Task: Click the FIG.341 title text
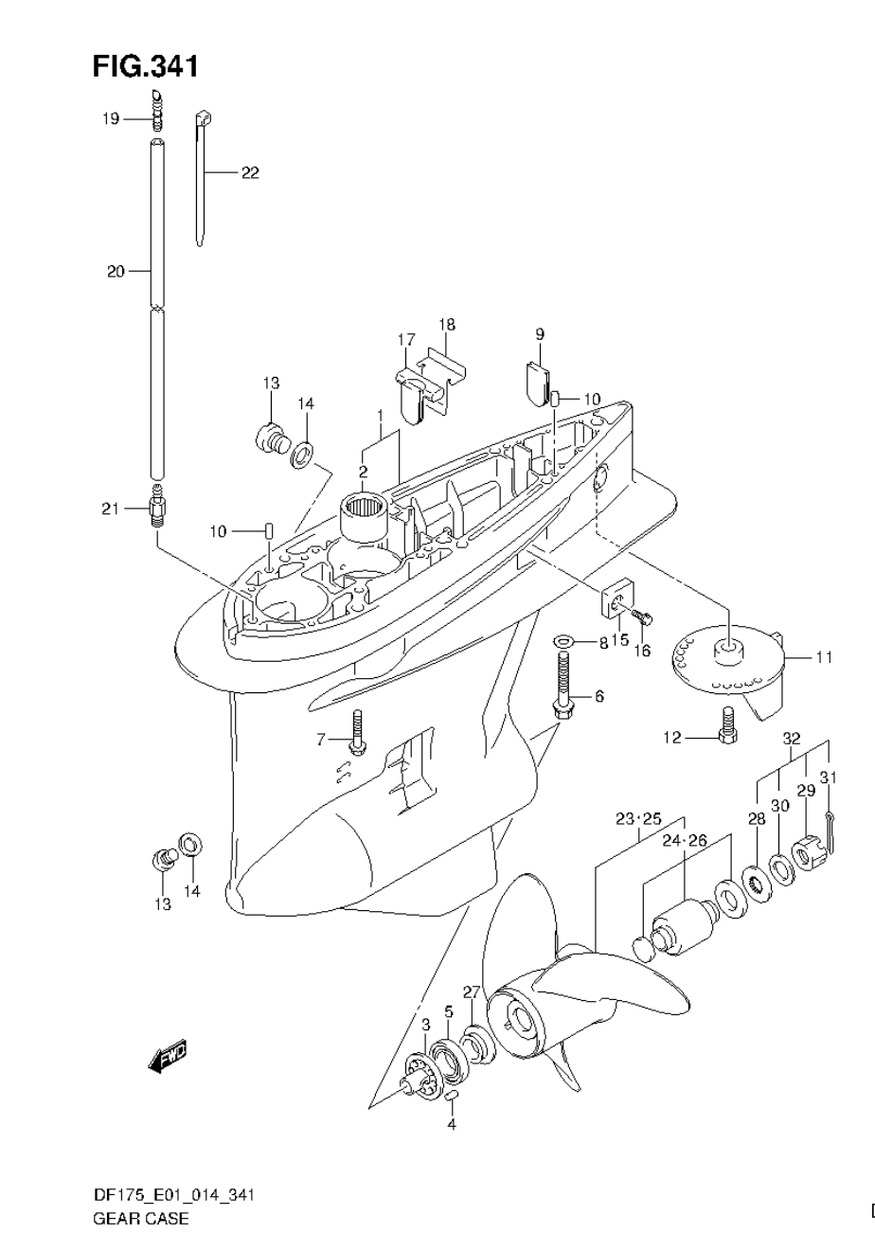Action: (x=145, y=66)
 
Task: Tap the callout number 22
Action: (x=249, y=172)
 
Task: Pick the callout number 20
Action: (x=115, y=272)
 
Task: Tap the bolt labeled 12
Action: (x=727, y=737)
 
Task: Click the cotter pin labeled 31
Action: (x=830, y=820)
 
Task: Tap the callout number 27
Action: (x=471, y=992)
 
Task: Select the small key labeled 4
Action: (x=452, y=1097)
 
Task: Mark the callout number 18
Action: (x=446, y=325)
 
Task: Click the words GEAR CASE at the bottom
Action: (x=140, y=1218)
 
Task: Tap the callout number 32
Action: (x=792, y=739)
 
